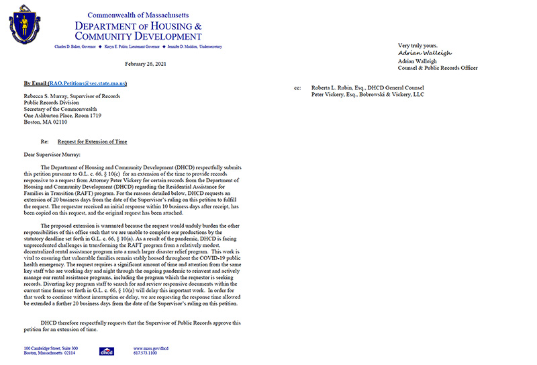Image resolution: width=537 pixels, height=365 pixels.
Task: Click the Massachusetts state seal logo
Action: coord(24,24)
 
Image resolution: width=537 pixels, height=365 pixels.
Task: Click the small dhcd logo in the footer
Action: coord(107,352)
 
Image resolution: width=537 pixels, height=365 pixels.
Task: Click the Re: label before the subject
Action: coord(45,142)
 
